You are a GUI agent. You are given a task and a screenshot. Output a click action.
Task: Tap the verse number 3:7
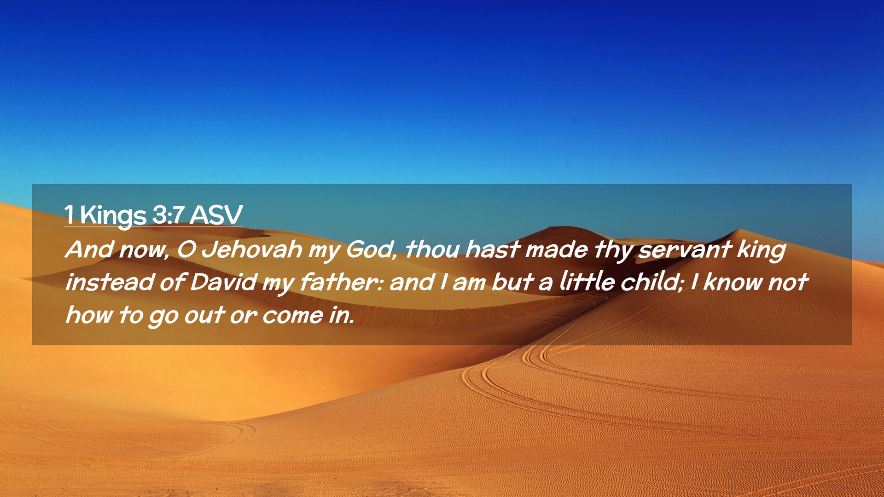tap(168, 214)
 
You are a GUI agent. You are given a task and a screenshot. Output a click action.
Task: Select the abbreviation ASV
tap(216, 214)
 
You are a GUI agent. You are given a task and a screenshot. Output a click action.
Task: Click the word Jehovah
tap(252, 249)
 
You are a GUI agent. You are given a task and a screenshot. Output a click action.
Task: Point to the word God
tap(371, 249)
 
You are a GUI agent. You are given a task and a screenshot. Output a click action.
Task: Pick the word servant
tap(685, 249)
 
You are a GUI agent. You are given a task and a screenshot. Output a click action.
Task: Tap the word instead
tap(110, 282)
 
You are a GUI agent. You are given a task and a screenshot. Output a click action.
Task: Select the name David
tap(223, 282)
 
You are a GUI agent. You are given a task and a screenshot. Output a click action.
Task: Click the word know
tap(733, 282)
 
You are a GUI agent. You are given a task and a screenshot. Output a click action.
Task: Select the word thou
tap(432, 249)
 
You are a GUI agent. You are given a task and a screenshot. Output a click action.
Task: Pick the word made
tap(557, 249)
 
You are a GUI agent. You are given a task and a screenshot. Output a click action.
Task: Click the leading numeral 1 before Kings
tap(69, 214)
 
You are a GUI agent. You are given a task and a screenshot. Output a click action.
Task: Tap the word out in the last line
tap(204, 316)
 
